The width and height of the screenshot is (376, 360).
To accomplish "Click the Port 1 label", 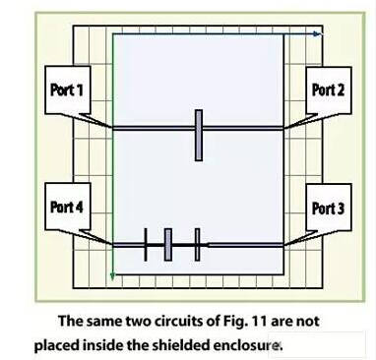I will point(67,90).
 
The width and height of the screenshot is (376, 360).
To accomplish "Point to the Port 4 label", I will point(67,208).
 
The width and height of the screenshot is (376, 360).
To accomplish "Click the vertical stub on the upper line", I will point(198,134).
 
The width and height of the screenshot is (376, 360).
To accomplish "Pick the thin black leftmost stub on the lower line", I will point(146,244).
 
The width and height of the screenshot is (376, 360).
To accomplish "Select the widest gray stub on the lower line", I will point(168,244).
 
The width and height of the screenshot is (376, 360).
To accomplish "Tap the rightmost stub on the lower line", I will point(198,244).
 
